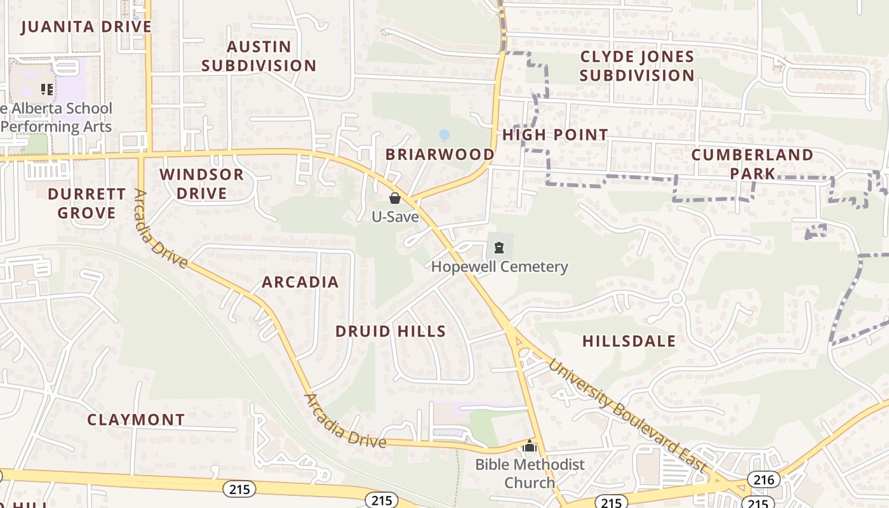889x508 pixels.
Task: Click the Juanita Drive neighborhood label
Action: [86, 27]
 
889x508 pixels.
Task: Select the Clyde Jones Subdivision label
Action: [637, 66]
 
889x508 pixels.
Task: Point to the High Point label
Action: [555, 135]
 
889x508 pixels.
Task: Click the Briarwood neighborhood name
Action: [440, 154]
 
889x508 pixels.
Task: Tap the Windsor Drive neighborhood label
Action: [201, 184]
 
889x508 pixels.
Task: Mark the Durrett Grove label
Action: [87, 203]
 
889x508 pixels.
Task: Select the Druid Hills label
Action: [391, 331]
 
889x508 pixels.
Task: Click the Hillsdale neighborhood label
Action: [629, 341]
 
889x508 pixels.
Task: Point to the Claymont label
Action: [136, 420]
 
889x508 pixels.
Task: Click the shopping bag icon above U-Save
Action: [395, 198]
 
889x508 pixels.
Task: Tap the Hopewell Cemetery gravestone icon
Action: [499, 247]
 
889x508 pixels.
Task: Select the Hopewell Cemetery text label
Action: [499, 266]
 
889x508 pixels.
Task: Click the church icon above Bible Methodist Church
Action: [530, 446]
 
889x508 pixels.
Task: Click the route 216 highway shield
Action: [763, 479]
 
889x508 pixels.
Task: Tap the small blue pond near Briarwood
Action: [444, 135]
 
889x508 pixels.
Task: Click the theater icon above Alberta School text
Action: [46, 89]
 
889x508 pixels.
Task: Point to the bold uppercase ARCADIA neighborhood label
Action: [300, 282]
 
